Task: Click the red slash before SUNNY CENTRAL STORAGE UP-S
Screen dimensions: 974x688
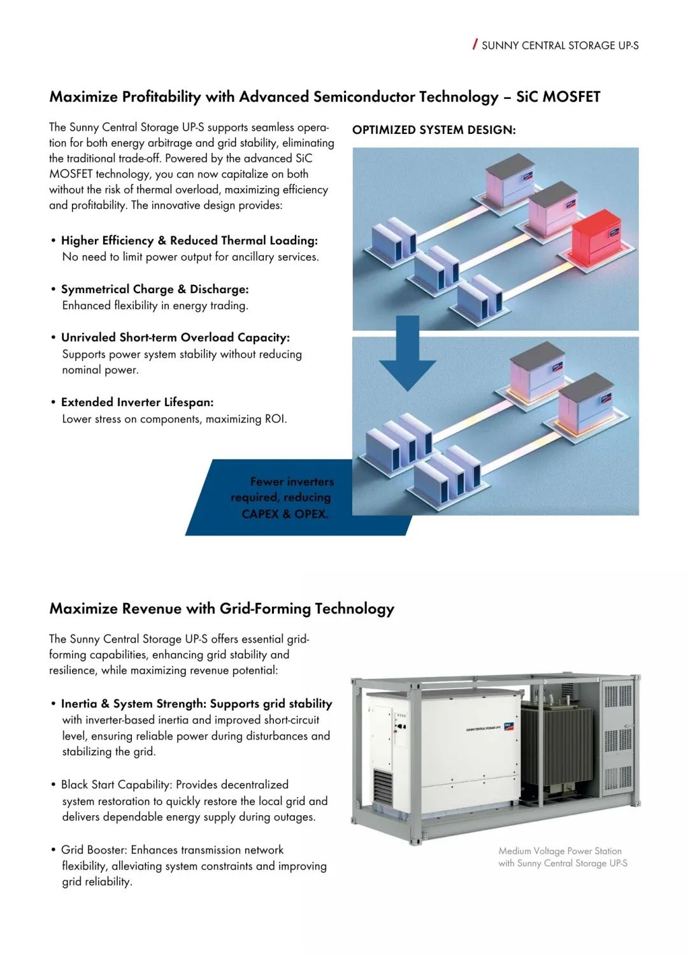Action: coord(475,44)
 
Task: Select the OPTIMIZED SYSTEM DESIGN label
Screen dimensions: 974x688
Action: coord(434,130)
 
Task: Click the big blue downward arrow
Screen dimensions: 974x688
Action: coord(408,353)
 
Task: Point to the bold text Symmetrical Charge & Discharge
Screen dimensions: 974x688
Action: coord(155,289)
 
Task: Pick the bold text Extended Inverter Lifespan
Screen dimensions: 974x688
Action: coord(137,402)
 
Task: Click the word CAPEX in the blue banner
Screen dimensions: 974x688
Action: coord(260,514)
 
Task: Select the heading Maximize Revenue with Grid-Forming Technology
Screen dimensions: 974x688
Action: coord(222,609)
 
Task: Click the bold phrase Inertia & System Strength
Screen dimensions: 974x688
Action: coord(133,704)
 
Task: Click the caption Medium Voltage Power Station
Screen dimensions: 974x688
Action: coord(560,851)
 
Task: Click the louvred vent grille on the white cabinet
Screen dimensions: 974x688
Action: coord(383,789)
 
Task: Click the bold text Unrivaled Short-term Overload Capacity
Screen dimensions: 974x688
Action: coord(175,338)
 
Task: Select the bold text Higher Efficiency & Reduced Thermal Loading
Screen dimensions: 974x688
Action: coord(189,241)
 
